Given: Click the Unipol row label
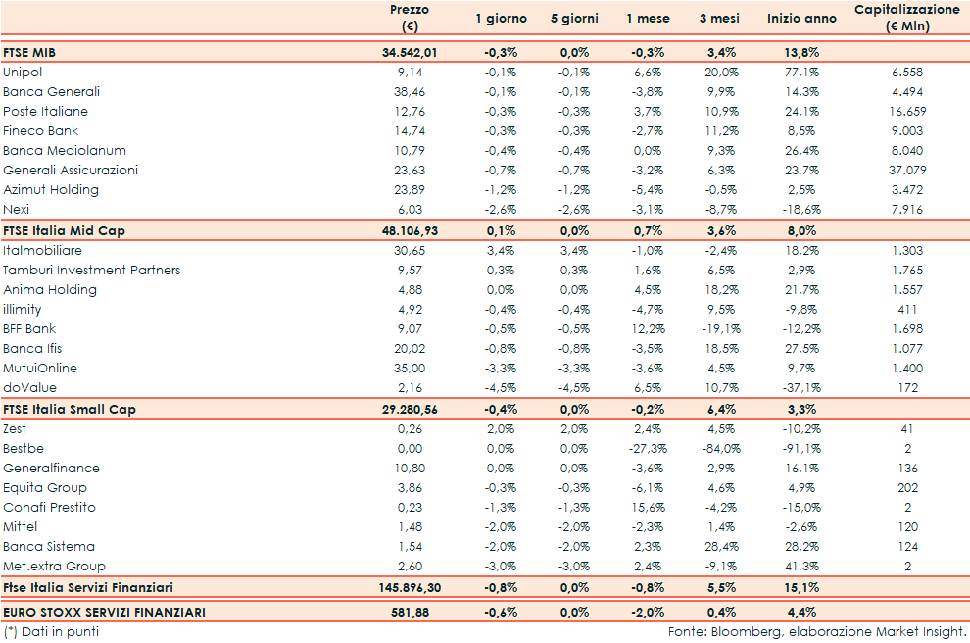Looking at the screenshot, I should (23, 73).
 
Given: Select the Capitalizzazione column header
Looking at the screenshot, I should (906, 18).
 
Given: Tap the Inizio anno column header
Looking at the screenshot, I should (801, 19).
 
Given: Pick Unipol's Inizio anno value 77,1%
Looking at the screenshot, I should (802, 73).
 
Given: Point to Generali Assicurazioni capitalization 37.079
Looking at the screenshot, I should (907, 171).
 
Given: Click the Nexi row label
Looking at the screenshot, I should (17, 210).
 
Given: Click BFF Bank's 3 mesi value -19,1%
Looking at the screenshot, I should (719, 329).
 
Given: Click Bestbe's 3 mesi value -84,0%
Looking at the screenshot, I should (719, 449).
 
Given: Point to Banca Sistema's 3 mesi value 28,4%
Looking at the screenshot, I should (721, 547).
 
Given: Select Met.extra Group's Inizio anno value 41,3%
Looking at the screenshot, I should (802, 567).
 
